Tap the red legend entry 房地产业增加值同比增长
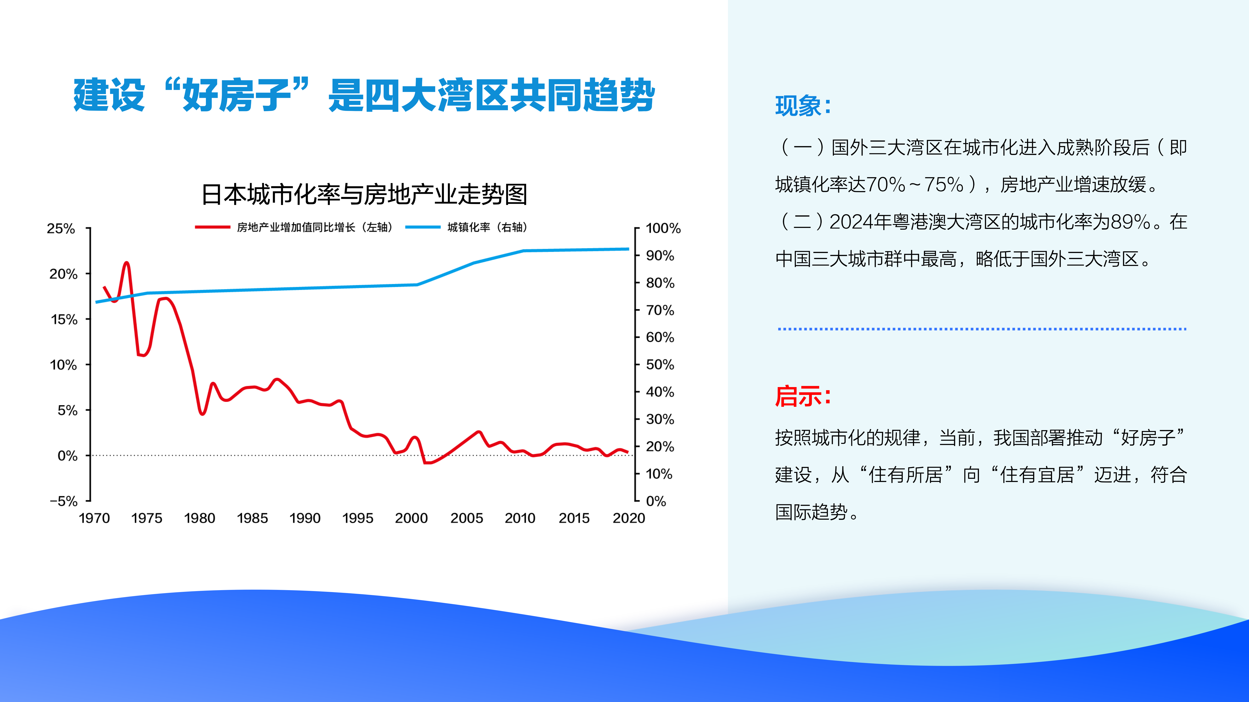pyautogui.click(x=296, y=227)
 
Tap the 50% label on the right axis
pyautogui.click(x=660, y=364)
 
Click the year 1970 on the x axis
pyautogui.click(x=95, y=518)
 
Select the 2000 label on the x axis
pyautogui.click(x=411, y=518)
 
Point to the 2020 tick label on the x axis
pyautogui.click(x=629, y=518)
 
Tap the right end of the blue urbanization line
pyautogui.click(x=628, y=249)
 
